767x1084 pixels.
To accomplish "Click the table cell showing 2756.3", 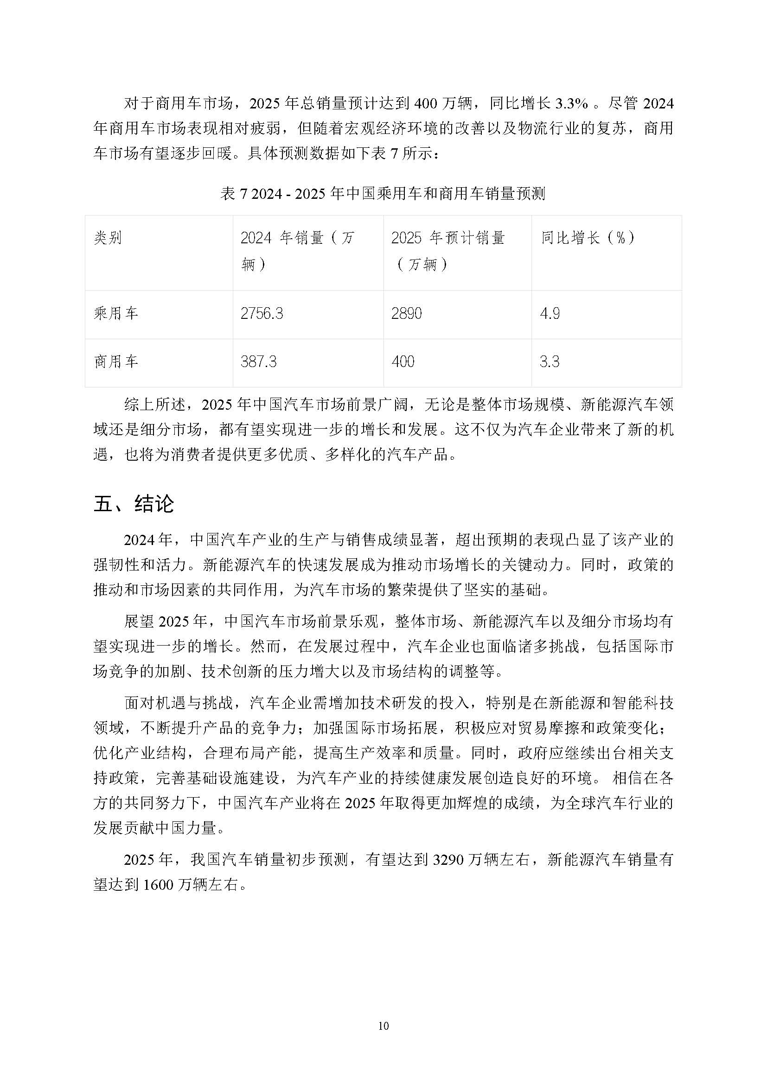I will (x=262, y=313).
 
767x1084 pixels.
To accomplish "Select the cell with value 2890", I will (x=406, y=313).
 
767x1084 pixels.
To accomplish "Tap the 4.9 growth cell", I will (x=550, y=313).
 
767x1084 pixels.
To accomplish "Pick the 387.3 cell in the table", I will (x=258, y=361).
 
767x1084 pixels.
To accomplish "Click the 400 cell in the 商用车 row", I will (x=403, y=361).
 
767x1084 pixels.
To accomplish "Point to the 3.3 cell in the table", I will (x=550, y=361).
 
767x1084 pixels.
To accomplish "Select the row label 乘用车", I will (x=116, y=313).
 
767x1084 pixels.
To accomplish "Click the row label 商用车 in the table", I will (x=116, y=361).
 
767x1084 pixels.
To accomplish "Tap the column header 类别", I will (x=108, y=238).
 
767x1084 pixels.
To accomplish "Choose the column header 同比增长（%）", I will (x=588, y=238).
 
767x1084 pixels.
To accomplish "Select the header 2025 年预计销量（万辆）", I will (x=448, y=250).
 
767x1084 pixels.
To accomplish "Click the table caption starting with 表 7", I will (x=383, y=194).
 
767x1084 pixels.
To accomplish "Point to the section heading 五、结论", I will (x=134, y=504).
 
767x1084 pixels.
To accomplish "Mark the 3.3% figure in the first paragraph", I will (x=571, y=103).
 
